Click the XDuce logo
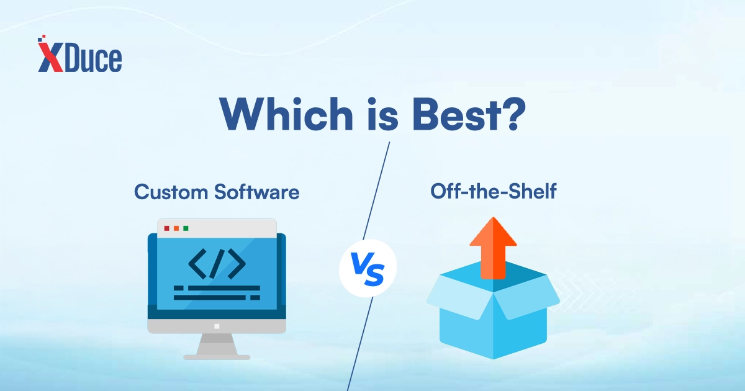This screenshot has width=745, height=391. tap(80, 54)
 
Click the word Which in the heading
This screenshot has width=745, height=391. tap(286, 114)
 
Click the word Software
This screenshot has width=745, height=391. tap(257, 192)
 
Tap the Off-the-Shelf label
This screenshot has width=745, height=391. tap(493, 191)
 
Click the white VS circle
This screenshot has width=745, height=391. tap(368, 268)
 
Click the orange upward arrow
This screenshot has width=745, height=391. tap(493, 248)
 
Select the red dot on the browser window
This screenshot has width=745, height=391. tap(167, 228)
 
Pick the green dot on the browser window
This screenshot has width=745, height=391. tap(186, 228)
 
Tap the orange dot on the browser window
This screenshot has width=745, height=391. tap(176, 228)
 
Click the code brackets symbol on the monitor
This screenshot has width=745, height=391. tap(217, 264)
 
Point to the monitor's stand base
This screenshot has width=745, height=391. tap(217, 357)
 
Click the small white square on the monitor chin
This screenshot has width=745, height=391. tap(217, 326)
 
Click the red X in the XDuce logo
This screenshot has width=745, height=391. tap(50, 56)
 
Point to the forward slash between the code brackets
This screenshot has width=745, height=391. tap(217, 264)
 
